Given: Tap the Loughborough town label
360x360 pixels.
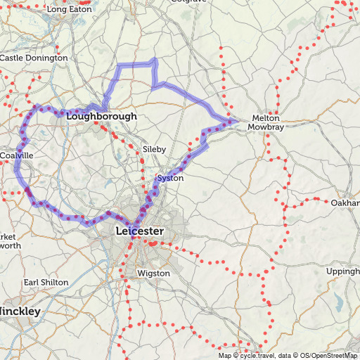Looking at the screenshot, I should click(x=101, y=116).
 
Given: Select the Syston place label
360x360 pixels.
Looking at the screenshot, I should click(x=170, y=178).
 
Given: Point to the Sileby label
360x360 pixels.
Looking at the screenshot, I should click(x=154, y=149).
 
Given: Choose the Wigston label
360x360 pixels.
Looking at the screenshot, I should click(x=154, y=273).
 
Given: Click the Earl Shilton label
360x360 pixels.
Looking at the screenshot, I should click(x=46, y=282).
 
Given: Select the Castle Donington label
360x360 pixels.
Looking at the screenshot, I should click(x=34, y=58).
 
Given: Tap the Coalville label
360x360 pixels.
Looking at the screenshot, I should click(x=16, y=155).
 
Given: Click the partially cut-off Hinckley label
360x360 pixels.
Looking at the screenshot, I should click(x=20, y=310).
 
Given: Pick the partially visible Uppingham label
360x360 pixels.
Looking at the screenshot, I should click(x=343, y=271).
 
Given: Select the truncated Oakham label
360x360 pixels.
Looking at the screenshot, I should click(x=345, y=202).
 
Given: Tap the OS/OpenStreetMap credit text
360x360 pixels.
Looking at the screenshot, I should click(x=328, y=355).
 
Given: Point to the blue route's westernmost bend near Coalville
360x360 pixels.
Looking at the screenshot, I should click(x=15, y=167).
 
